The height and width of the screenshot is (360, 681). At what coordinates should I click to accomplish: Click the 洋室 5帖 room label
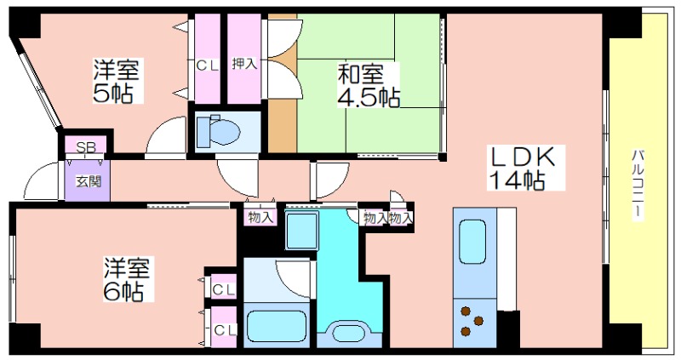[117, 81]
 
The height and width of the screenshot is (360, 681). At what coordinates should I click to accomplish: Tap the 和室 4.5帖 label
[369, 85]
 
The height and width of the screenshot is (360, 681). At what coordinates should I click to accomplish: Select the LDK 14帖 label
[523, 168]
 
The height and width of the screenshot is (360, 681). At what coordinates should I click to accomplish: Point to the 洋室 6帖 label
[127, 279]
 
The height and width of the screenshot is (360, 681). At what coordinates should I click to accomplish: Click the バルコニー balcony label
[638, 184]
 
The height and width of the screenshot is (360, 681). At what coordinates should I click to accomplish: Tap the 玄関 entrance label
[89, 181]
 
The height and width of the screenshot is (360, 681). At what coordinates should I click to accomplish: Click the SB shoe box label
[86, 146]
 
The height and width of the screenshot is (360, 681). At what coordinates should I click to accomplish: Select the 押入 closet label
[244, 63]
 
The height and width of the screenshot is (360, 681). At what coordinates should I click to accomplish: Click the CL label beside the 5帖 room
[207, 66]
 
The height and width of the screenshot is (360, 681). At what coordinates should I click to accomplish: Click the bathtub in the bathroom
[277, 326]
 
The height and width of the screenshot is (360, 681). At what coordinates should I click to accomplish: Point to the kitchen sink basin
[472, 242]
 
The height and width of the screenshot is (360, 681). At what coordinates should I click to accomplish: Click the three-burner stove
[472, 322]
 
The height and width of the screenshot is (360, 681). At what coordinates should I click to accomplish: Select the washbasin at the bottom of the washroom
[349, 333]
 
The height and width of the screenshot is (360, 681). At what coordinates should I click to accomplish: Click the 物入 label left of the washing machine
[260, 217]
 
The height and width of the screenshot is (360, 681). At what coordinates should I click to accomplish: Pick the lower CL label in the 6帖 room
[225, 330]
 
